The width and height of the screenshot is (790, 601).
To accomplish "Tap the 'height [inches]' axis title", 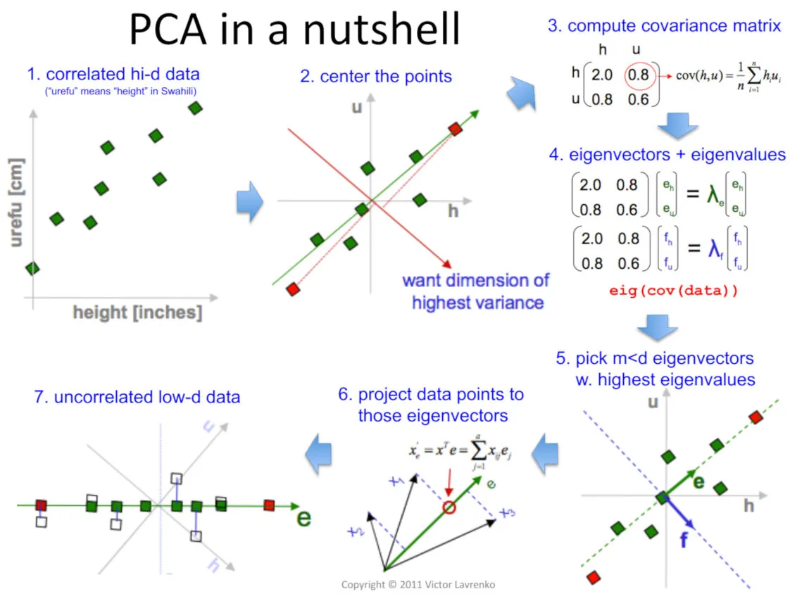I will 137,312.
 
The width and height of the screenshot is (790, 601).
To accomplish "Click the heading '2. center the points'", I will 376,76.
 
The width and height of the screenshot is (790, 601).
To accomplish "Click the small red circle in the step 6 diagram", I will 448,506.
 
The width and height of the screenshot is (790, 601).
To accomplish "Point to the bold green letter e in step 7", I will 304,518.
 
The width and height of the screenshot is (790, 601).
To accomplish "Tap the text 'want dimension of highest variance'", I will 476,291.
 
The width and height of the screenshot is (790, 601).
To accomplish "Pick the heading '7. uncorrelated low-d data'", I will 137,398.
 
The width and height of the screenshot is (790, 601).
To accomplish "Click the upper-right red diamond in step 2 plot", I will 456,129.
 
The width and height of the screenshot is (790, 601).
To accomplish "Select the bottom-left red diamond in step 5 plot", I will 593,577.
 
